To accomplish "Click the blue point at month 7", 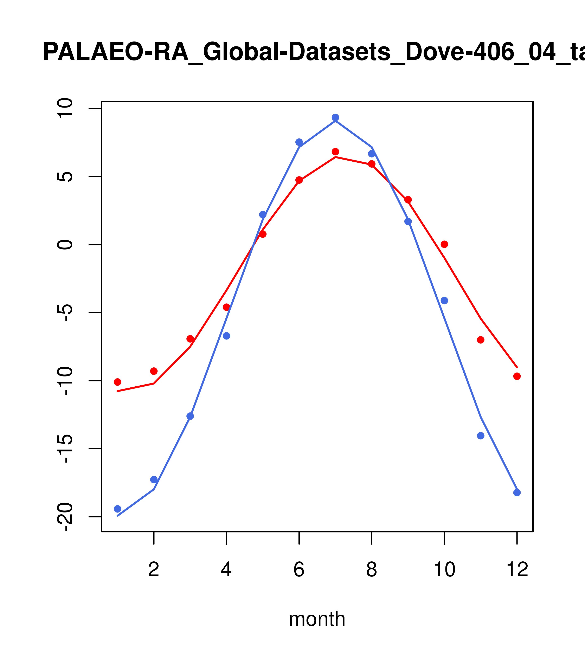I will [x=335, y=117].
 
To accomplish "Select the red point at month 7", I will [x=335, y=152].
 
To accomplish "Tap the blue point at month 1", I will [x=117, y=509].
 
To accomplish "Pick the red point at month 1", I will [x=117, y=382].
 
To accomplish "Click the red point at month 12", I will [x=517, y=376].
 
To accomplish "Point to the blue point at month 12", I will [x=517, y=493].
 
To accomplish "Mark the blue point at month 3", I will [x=190, y=416].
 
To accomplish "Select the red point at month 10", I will [x=444, y=244].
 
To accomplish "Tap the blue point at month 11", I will [x=480, y=436].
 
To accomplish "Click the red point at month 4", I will [x=226, y=307].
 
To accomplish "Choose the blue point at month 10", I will [x=444, y=301].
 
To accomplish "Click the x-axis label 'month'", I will [x=317, y=619].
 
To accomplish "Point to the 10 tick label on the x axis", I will [x=444, y=570].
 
